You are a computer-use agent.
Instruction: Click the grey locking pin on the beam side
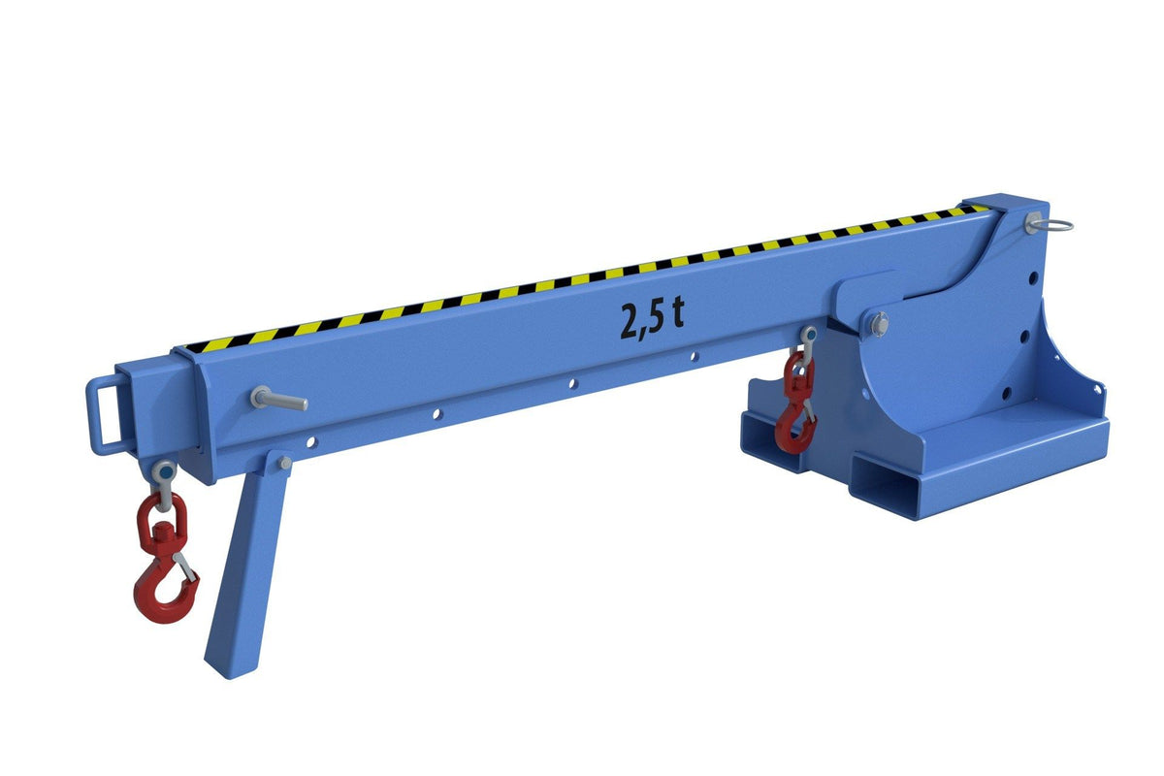click(278, 400)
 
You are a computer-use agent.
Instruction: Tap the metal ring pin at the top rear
click(1050, 224)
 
